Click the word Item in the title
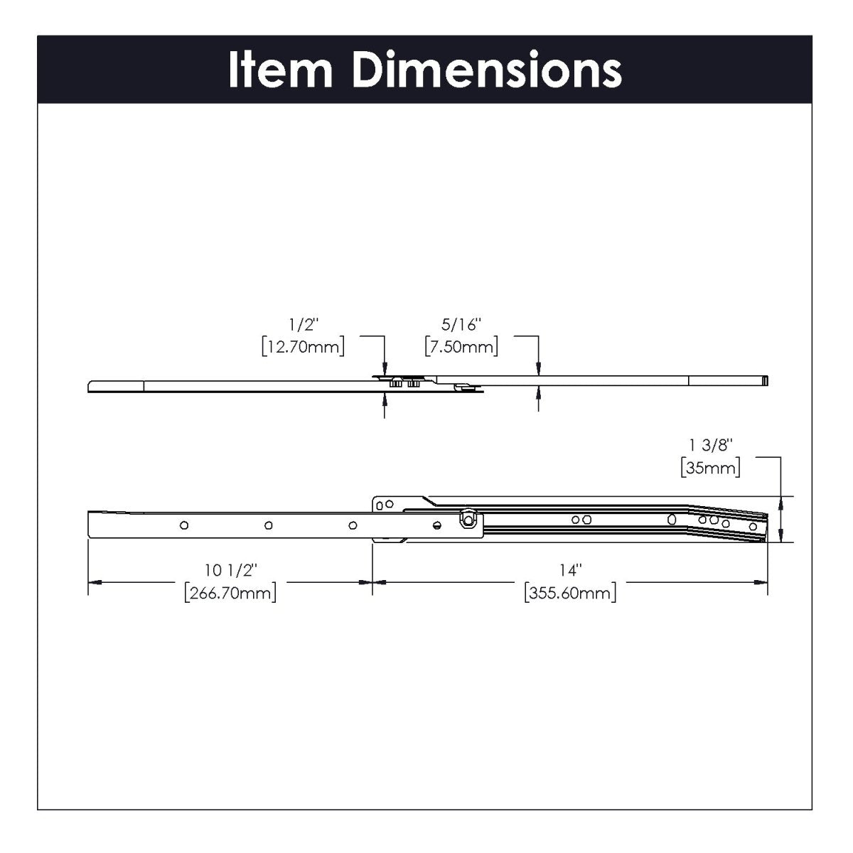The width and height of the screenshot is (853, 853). point(280,70)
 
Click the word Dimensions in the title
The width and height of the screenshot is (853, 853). point(487,70)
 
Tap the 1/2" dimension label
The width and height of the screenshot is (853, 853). point(304,325)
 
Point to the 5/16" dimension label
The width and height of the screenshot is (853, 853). point(461,325)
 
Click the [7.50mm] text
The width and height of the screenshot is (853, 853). point(461,348)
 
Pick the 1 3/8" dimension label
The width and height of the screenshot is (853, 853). point(710,446)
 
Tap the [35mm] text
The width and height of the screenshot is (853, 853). point(710,468)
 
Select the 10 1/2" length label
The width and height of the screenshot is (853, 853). point(230,569)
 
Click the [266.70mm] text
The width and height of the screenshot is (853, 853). point(230,592)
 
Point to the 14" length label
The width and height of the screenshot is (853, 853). point(569,569)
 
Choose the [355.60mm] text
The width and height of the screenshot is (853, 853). point(569,592)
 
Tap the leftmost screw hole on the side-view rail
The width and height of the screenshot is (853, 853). point(184,525)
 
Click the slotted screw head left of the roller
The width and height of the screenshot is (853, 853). point(437,525)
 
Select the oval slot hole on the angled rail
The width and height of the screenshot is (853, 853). point(672,520)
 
